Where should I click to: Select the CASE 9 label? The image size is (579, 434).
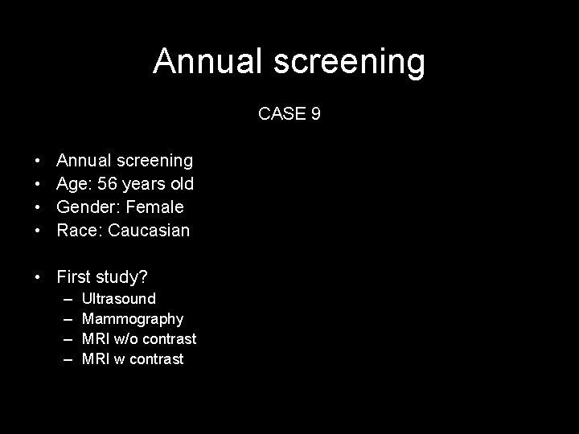click(x=289, y=114)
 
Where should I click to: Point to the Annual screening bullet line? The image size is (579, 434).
click(x=125, y=162)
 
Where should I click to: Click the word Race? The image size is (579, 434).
click(x=79, y=231)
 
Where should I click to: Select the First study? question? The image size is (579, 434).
click(x=102, y=277)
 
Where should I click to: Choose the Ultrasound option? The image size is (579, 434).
click(x=119, y=299)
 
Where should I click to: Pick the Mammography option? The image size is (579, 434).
click(x=133, y=319)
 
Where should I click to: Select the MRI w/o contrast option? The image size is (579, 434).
click(x=139, y=339)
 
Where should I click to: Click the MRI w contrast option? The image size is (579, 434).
click(x=133, y=359)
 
